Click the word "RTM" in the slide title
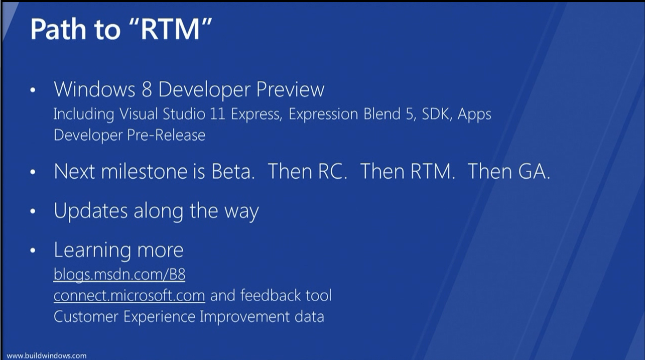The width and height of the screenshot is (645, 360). point(170,29)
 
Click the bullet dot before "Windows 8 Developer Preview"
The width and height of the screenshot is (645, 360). point(33,90)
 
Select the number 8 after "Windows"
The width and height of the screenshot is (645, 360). point(147,89)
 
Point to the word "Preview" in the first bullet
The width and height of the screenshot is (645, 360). point(290,89)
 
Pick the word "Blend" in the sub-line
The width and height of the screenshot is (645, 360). point(381,113)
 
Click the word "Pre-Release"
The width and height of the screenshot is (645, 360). point(166,135)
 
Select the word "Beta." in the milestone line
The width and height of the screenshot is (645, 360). point(233,171)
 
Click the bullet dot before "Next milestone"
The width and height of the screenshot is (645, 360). point(33,172)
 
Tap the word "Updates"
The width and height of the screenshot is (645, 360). point(90,210)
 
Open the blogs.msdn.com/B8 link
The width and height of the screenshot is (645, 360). point(119,275)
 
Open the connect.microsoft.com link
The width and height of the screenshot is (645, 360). point(130,296)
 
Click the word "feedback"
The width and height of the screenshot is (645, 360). point(270,295)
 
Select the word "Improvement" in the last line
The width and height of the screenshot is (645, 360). point(244,317)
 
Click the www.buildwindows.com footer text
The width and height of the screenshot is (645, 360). point(46,355)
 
